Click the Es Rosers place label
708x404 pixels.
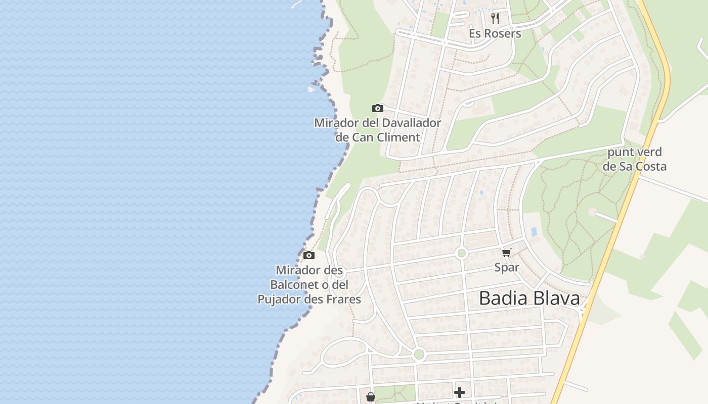495,34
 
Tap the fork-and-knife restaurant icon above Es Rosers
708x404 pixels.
495,19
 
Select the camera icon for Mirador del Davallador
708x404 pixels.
377,108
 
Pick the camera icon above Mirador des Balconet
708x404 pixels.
309,255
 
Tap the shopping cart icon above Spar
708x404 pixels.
506,252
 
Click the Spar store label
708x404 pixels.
507,268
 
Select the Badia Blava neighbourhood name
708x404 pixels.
529,298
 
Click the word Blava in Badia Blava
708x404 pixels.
556,298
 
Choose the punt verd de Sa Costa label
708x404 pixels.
635,159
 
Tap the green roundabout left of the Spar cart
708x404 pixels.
461,253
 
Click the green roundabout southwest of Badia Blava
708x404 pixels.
419,355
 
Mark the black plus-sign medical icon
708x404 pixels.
460,392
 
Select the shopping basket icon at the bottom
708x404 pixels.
371,397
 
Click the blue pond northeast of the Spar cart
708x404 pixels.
534,232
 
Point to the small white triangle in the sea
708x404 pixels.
311,89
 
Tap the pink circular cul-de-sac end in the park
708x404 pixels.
592,212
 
